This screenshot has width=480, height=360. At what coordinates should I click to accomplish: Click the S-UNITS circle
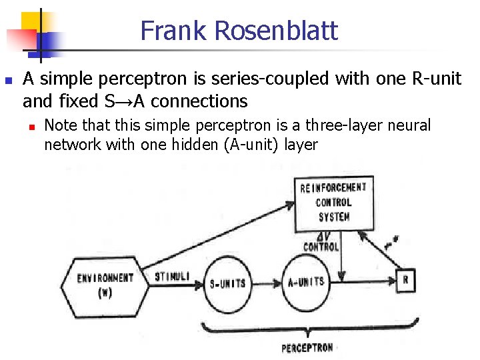224,283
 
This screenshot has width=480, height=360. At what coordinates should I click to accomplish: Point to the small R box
405,280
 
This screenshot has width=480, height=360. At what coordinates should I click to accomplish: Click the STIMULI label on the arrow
172,276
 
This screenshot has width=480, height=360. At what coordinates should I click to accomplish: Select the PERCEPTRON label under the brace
307,347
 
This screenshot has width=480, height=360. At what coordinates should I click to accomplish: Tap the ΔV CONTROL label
321,242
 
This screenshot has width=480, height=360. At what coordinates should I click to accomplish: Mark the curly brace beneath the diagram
310,329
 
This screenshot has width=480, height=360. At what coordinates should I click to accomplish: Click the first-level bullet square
7,79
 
